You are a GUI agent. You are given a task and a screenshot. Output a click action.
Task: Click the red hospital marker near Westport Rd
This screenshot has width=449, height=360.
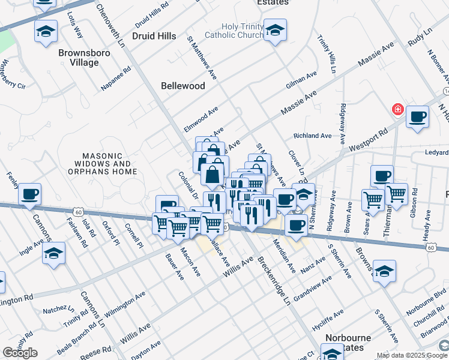pyautogui.click(x=397, y=109)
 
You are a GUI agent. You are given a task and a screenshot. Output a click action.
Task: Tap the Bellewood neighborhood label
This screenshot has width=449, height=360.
pyautogui.click(x=183, y=86)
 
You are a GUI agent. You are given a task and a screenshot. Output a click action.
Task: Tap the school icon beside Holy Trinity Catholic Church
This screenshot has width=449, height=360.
pyautogui.click(x=275, y=31)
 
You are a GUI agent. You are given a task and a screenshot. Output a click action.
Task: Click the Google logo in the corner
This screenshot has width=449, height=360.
pyautogui.click(x=20, y=353)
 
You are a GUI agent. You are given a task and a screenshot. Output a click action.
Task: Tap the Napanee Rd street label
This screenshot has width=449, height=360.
pyautogui.click(x=116, y=79)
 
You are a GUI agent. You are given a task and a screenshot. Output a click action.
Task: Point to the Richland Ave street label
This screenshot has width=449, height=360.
pyautogui.click(x=312, y=136)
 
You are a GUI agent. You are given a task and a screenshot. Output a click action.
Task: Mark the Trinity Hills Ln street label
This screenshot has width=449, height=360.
pyautogui.click(x=330, y=52)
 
